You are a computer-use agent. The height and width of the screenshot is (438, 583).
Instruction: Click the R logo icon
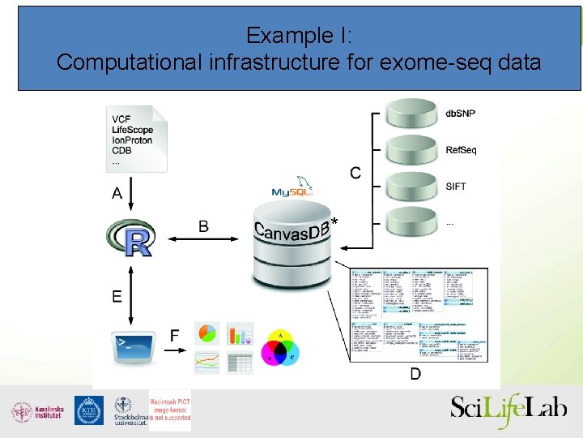(130, 238)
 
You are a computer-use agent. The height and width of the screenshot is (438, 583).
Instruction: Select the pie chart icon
(207, 333)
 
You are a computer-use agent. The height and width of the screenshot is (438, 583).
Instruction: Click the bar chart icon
(240, 333)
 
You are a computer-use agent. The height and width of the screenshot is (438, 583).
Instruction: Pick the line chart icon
(207, 362)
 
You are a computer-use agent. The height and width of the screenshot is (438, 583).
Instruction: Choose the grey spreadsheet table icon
(240, 362)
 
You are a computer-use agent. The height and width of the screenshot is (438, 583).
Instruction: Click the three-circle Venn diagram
(281, 348)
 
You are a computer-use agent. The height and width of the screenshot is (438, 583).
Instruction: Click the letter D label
(415, 374)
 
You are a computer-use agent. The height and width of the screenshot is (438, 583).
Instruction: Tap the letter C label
(355, 173)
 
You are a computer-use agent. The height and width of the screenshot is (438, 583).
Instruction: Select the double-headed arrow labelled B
(202, 238)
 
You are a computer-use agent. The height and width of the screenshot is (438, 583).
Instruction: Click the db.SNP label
(461, 114)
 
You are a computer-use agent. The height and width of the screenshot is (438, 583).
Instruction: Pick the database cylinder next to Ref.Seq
(411, 151)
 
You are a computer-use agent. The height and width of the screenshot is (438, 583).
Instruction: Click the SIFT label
(456, 187)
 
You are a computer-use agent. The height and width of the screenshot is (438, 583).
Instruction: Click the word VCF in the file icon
(121, 120)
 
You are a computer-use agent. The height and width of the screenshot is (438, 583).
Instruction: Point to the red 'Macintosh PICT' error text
(170, 410)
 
